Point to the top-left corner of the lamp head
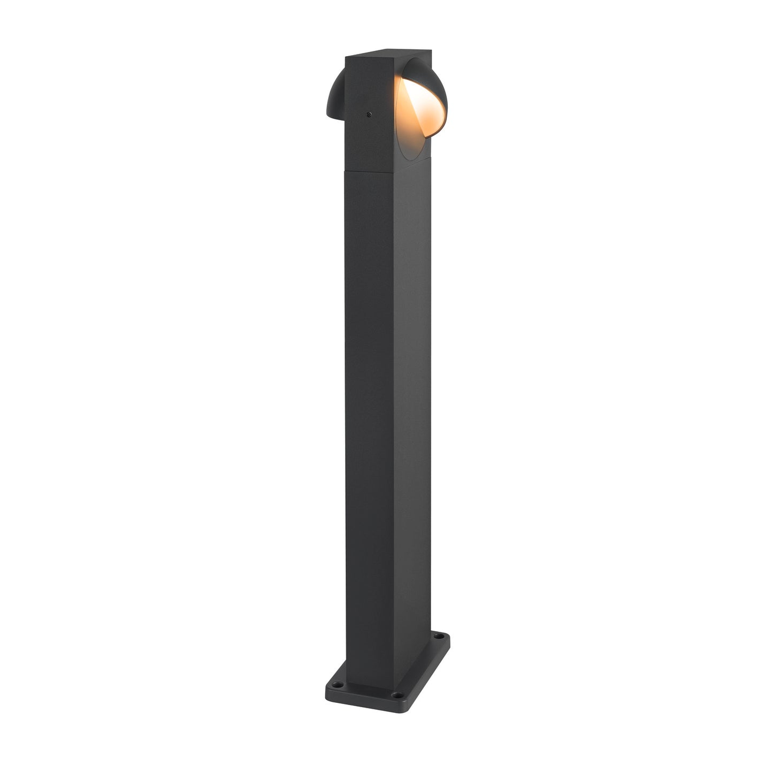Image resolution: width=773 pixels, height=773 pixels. (x=346, y=56)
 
